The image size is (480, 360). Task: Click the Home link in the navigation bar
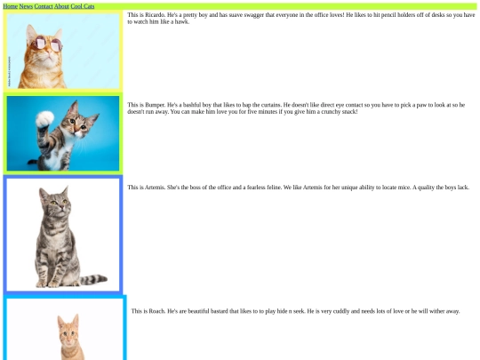click(x=11, y=6)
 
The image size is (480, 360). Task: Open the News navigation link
click(x=26, y=6)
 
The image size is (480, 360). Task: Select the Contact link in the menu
click(x=44, y=6)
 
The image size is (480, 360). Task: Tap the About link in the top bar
click(x=61, y=6)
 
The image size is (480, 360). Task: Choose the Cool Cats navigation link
click(x=83, y=6)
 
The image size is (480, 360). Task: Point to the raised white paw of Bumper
click(x=44, y=119)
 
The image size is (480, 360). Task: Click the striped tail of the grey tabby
click(x=92, y=279)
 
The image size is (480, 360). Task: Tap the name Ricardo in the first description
click(x=155, y=15)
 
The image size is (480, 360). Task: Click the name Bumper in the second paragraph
click(x=155, y=105)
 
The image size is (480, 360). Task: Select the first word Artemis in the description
click(x=155, y=187)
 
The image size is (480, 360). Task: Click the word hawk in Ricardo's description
click(x=182, y=21)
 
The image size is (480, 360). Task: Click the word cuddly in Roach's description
click(x=340, y=311)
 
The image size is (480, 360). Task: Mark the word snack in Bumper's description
click(x=349, y=111)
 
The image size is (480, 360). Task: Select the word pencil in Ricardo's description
click(x=388, y=15)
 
